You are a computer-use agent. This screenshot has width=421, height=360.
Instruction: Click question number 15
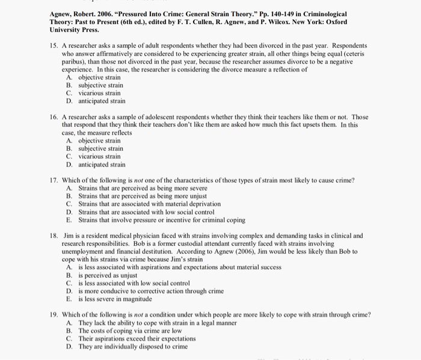click(x=54, y=46)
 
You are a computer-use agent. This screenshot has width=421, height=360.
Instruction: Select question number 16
click(x=54, y=117)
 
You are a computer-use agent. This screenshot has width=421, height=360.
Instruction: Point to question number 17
click(x=54, y=180)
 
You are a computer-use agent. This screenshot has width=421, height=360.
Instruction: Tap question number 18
click(x=54, y=236)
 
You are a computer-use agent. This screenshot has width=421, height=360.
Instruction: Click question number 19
click(x=54, y=314)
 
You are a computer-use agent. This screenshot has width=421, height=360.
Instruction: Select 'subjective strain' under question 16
click(x=100, y=148)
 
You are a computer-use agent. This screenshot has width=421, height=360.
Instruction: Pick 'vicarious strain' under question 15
click(x=99, y=93)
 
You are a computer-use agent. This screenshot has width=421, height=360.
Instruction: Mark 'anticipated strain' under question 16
click(x=102, y=164)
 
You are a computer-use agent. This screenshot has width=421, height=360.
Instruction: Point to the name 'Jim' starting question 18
click(x=69, y=236)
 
